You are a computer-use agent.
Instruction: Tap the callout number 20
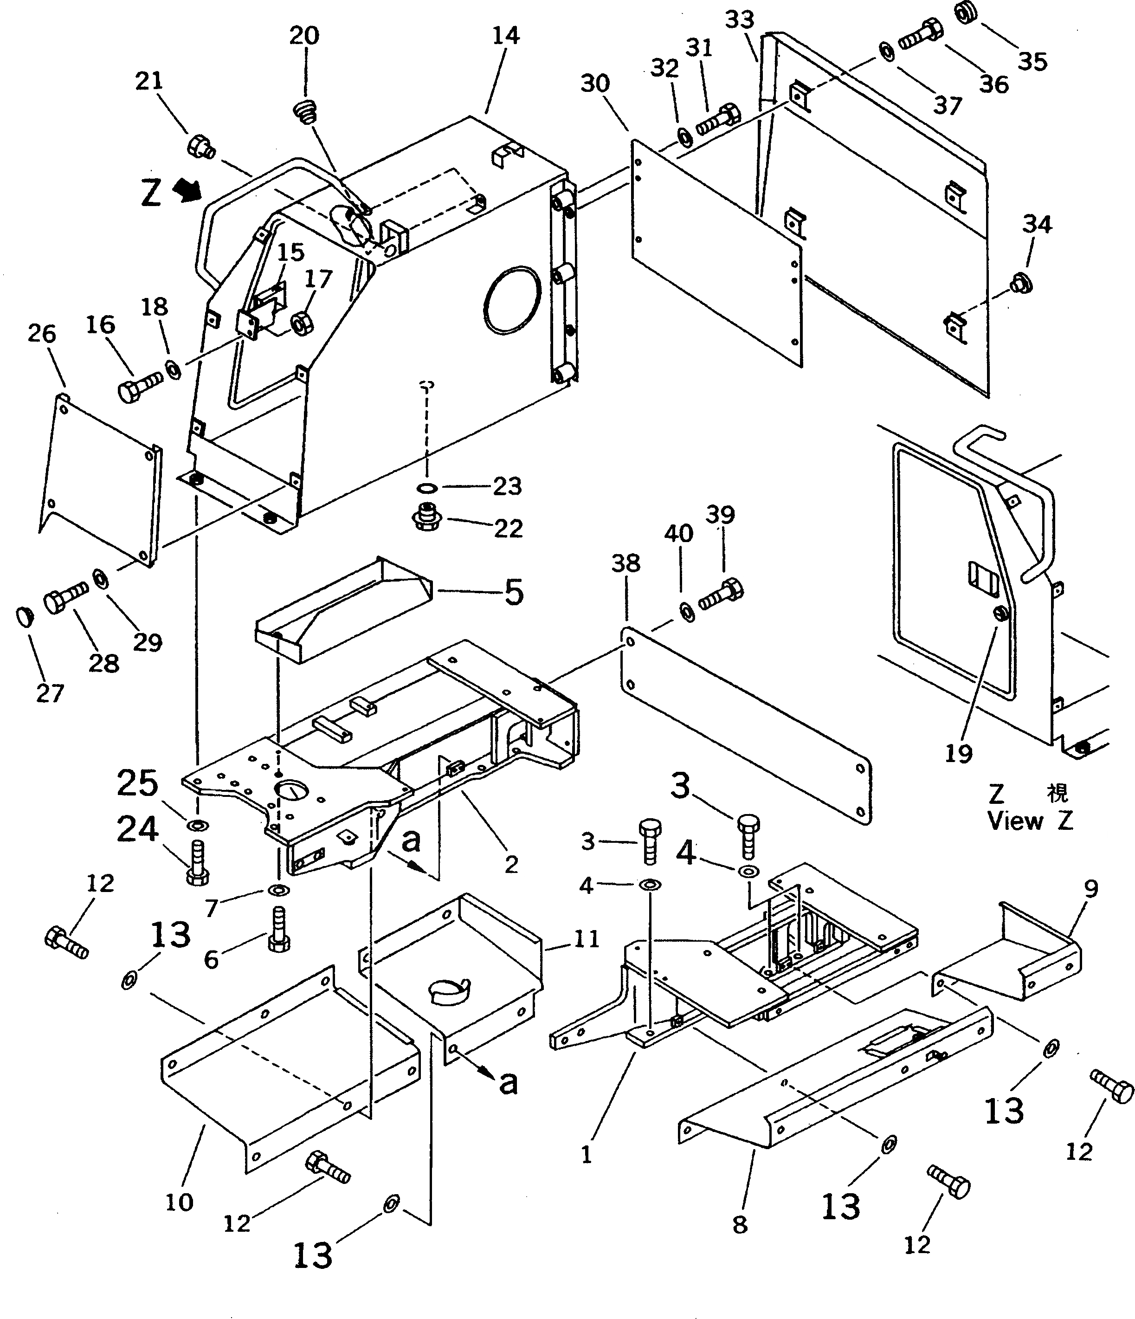point(304,36)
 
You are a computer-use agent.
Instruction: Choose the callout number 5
point(513,592)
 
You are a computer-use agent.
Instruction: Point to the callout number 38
point(626,563)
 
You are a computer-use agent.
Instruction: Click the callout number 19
point(959,754)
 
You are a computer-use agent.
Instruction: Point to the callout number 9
point(1091,889)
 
